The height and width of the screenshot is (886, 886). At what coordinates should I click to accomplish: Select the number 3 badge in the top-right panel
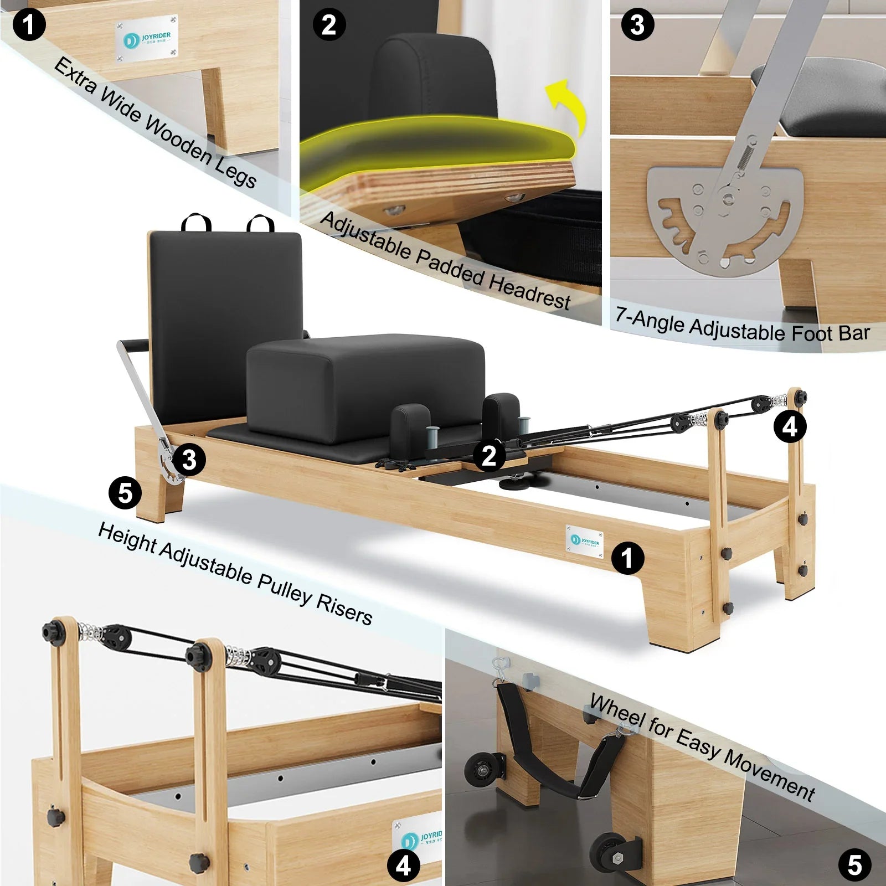(637, 25)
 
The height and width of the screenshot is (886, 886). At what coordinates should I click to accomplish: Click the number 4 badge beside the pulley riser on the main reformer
(790, 426)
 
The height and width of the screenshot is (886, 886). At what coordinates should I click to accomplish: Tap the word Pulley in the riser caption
(284, 587)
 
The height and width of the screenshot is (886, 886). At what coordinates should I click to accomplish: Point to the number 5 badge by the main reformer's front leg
(125, 493)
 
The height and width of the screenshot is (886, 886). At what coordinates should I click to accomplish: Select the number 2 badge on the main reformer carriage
(489, 456)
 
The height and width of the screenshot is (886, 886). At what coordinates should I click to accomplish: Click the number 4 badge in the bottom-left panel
(403, 865)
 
